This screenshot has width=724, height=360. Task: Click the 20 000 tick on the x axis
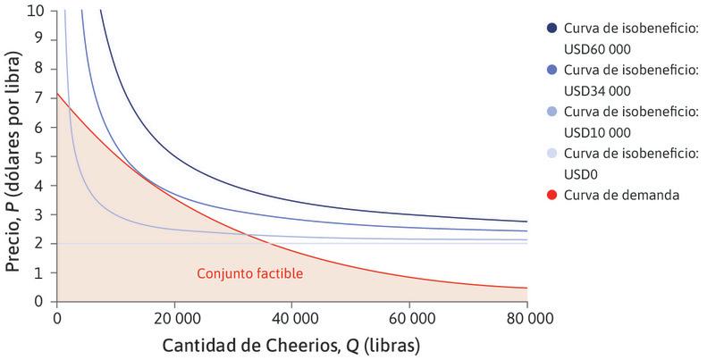tap(174, 316)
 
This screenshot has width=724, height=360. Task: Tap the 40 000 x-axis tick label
tap(292, 316)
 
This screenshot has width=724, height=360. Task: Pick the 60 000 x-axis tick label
tap(409, 316)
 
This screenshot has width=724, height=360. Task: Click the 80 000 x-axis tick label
tap(526, 316)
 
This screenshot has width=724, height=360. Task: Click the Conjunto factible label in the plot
tap(249, 272)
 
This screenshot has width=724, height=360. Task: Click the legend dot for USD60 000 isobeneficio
tap(552, 29)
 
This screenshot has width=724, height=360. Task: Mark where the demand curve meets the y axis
tap(57, 93)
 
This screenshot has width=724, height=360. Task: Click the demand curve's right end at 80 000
tap(526, 288)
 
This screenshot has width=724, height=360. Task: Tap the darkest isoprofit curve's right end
tap(526, 222)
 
